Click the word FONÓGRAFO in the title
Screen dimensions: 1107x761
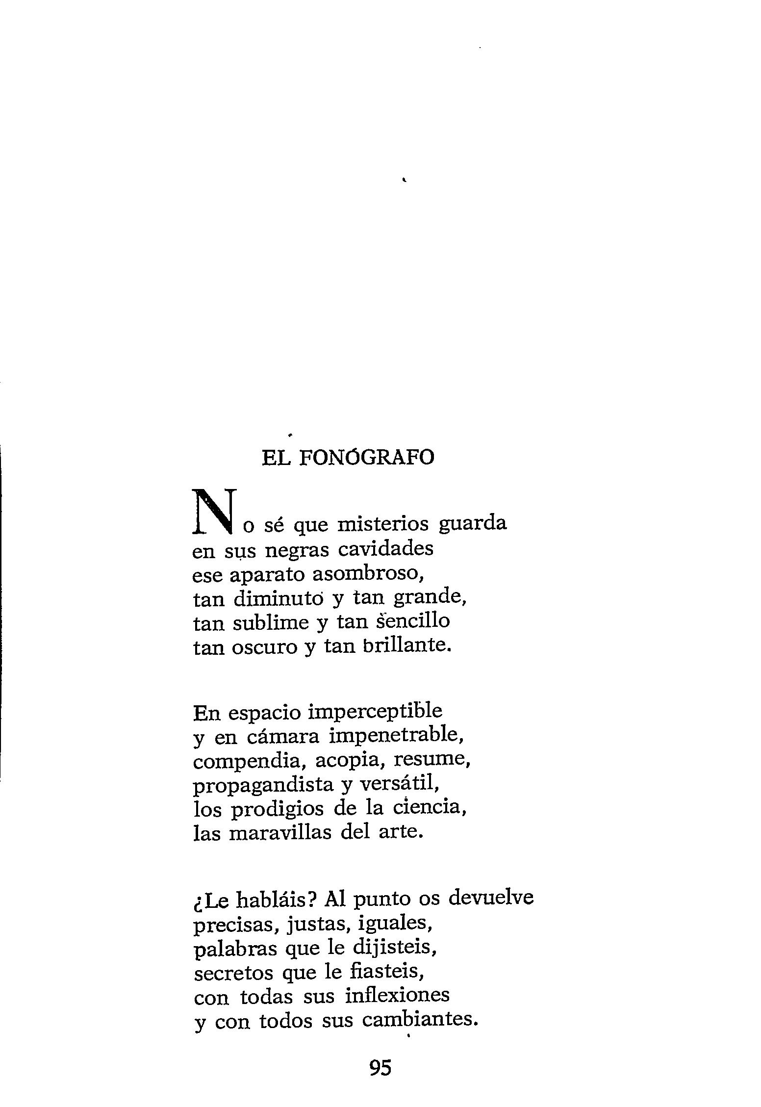pos(366,458)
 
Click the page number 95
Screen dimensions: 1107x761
pos(380,1067)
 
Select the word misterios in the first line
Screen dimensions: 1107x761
pos(383,524)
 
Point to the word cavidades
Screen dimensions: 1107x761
pos(386,549)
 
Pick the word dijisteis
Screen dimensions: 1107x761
pos(394,948)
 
